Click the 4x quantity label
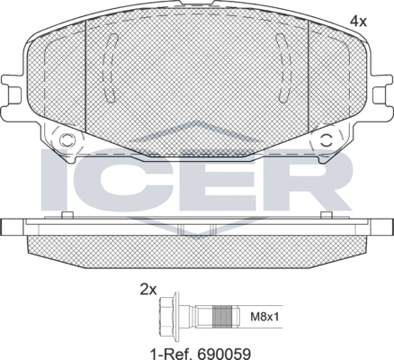[x=359, y=19]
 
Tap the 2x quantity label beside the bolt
[x=148, y=289]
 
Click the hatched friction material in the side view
[x=197, y=253]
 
